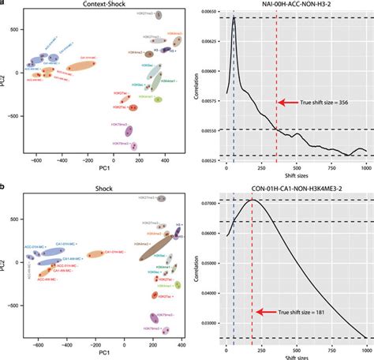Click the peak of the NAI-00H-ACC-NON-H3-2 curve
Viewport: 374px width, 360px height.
(234, 18)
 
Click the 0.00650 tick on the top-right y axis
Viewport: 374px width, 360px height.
(208, 13)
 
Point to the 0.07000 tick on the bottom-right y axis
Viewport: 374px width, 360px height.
(208, 203)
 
